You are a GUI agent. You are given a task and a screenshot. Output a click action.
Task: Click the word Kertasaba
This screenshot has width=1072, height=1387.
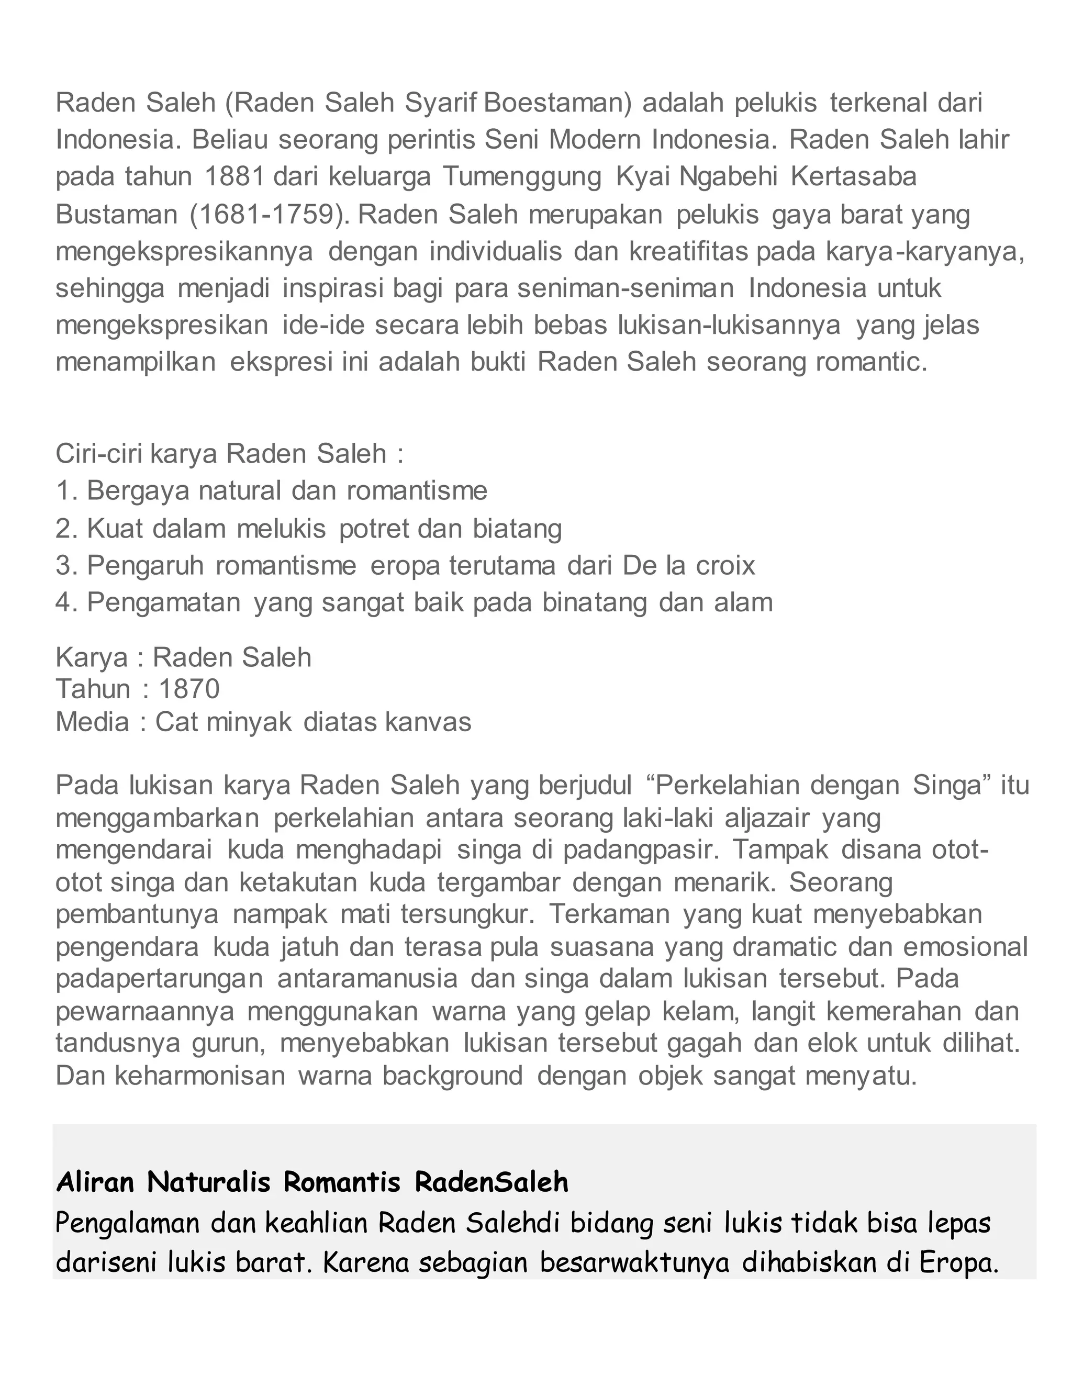click(x=854, y=176)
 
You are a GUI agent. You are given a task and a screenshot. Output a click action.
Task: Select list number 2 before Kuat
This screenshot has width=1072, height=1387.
click(x=66, y=529)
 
